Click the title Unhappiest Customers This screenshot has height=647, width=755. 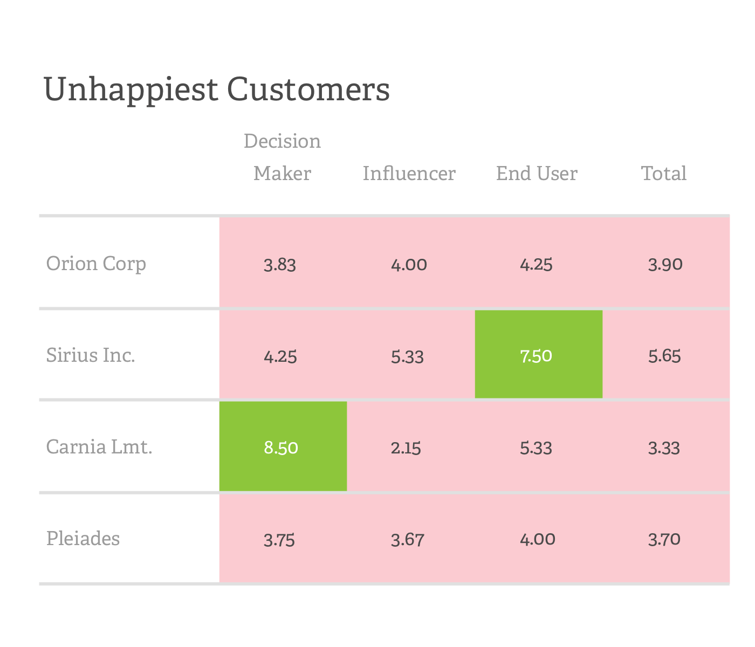(216, 90)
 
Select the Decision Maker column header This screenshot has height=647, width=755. (282, 157)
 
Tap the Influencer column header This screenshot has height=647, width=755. (409, 173)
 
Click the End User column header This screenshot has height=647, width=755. (537, 173)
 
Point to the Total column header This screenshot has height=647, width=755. (664, 173)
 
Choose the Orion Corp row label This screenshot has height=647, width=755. (96, 264)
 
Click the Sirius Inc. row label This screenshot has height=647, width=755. (91, 355)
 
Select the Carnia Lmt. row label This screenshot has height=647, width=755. (99, 447)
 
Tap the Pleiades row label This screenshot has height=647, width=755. (83, 539)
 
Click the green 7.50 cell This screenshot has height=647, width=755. (537, 356)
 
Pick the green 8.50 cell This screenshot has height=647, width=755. (281, 448)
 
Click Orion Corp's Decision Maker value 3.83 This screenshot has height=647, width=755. (280, 265)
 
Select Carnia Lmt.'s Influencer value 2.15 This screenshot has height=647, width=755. (406, 448)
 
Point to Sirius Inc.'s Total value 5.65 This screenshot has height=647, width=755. (664, 356)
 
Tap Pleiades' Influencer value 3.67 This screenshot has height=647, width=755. (408, 540)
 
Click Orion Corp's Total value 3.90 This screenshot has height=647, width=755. (665, 265)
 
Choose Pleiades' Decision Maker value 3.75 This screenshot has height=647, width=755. (279, 540)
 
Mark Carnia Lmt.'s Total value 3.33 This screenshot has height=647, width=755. (664, 448)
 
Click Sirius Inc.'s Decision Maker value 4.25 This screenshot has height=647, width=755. (280, 356)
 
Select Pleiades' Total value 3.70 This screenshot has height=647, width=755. (664, 539)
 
